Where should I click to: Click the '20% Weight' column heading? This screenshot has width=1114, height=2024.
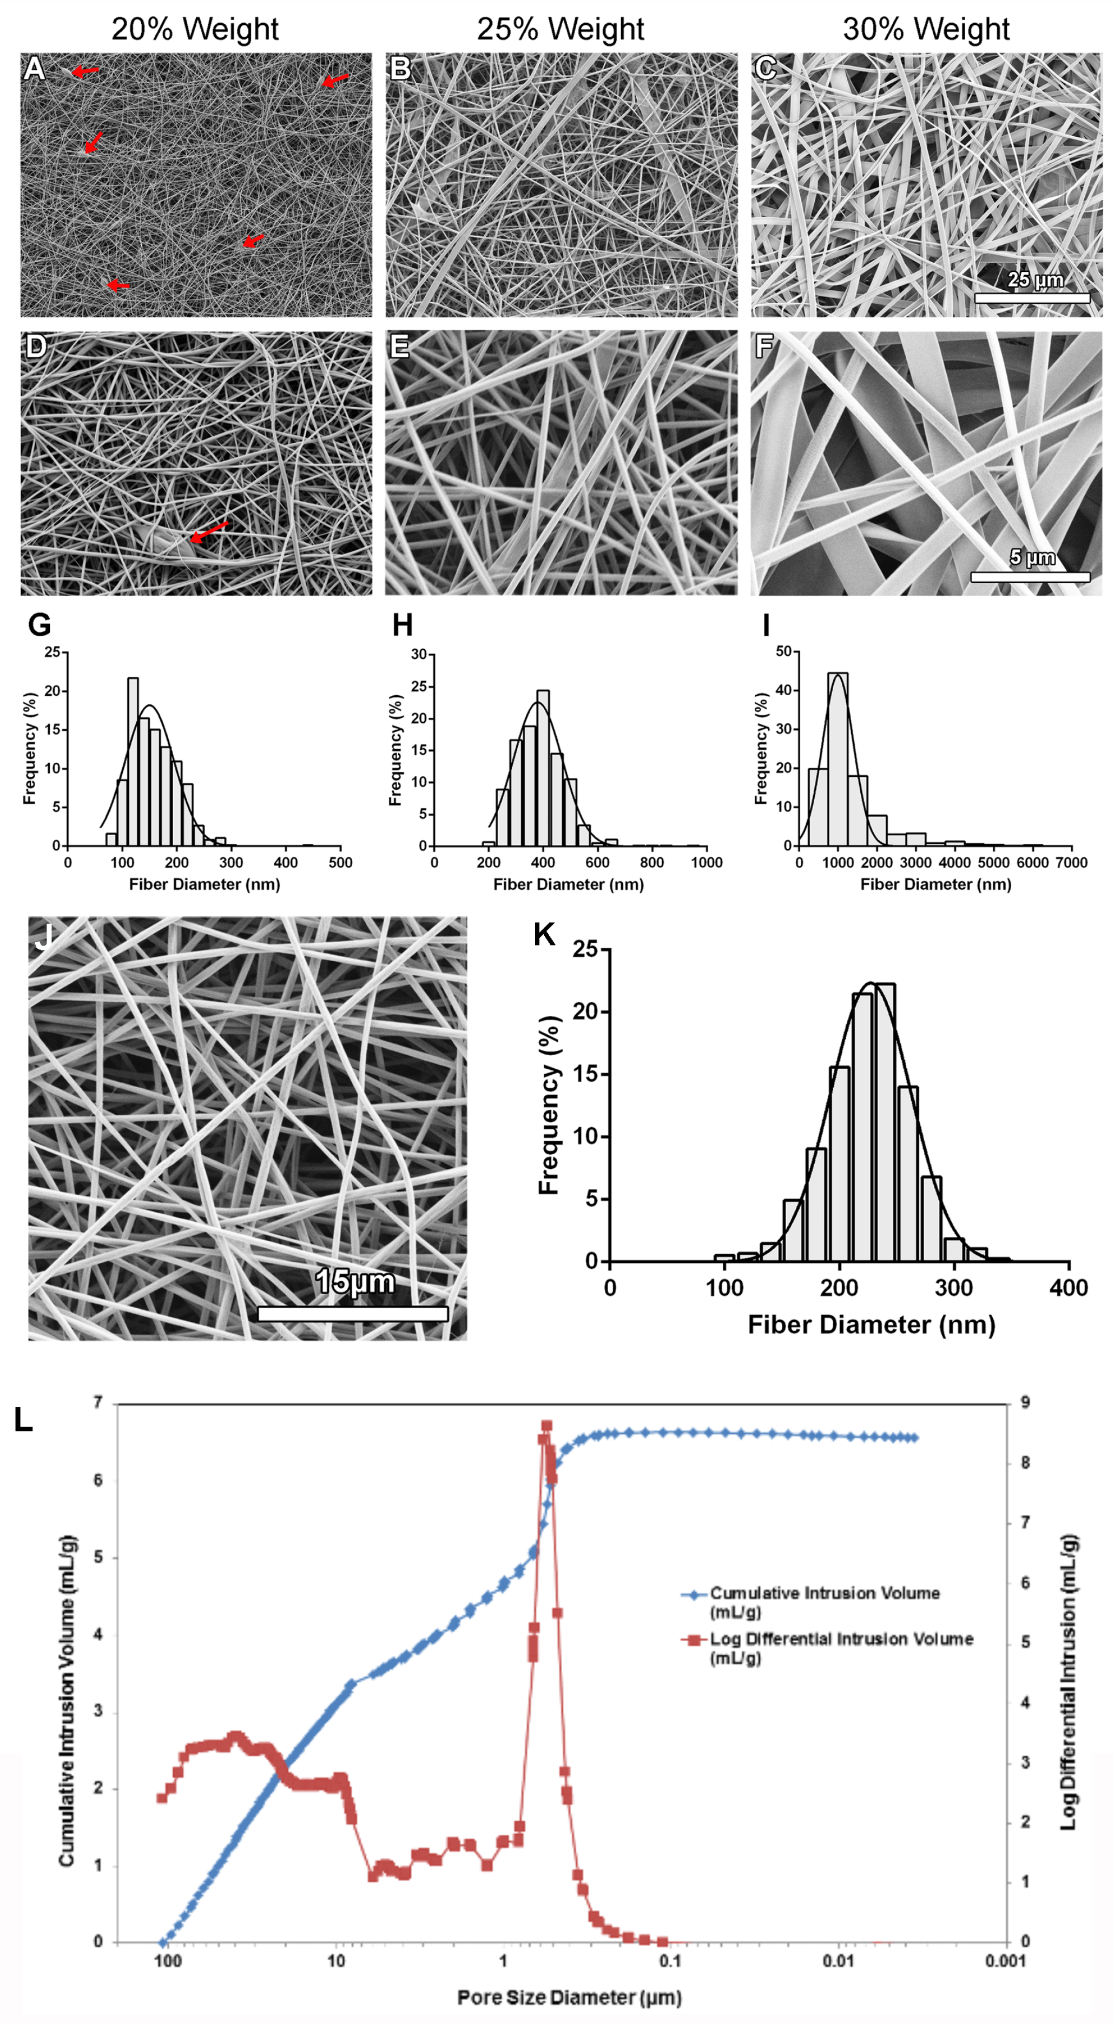(x=194, y=29)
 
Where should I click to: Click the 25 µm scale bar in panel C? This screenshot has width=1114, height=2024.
(x=1031, y=298)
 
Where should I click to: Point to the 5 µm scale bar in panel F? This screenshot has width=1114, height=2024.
(x=1030, y=577)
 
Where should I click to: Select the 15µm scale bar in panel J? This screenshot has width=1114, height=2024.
(x=352, y=1313)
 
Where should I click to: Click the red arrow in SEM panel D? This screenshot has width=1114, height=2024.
(x=209, y=532)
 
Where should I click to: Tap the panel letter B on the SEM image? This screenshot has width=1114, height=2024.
(x=400, y=69)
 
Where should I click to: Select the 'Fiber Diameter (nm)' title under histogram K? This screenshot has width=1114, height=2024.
(x=871, y=1324)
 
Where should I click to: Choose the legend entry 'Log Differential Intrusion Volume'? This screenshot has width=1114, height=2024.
(x=840, y=1639)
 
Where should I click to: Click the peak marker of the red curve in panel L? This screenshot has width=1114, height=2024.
(x=547, y=1425)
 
